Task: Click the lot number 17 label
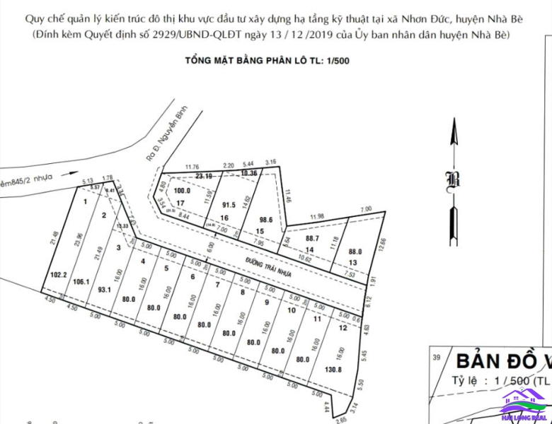point(180,203)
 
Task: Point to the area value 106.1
point(81,281)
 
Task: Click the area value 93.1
point(105,288)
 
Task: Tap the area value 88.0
point(356,250)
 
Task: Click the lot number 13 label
point(355,263)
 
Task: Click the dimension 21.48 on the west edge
point(55,239)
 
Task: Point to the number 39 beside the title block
point(437,357)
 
